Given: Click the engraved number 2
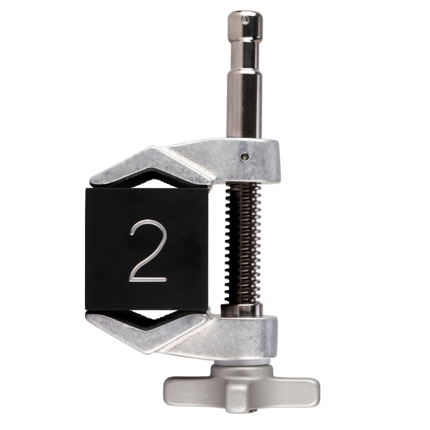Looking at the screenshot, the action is click(149, 252).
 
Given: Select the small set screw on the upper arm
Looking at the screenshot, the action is click(243, 156).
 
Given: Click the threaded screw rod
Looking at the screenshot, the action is click(243, 243).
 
